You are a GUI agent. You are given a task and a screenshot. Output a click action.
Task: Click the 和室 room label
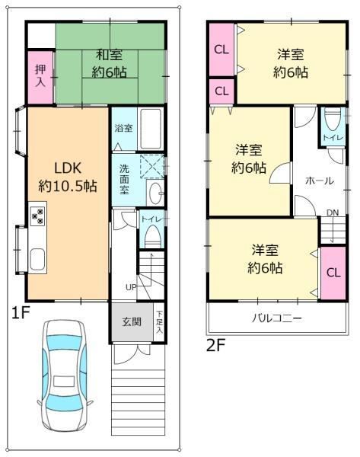(110, 55)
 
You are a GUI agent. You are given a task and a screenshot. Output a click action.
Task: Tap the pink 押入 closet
(40, 77)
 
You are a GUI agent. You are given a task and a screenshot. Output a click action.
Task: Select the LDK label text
(68, 168)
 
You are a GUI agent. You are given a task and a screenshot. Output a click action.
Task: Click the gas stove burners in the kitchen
(38, 216)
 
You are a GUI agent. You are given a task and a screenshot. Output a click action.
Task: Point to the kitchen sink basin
(37, 259)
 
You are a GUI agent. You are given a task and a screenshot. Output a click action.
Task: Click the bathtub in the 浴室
(150, 129)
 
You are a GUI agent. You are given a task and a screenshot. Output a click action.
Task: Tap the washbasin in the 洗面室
(155, 193)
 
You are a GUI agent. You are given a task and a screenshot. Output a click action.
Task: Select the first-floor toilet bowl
(153, 235)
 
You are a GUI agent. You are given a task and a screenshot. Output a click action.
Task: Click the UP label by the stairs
(131, 287)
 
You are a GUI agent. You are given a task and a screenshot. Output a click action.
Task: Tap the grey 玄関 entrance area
(132, 321)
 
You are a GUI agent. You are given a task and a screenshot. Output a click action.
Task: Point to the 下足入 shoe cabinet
(159, 321)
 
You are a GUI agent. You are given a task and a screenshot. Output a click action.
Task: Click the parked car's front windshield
(64, 342)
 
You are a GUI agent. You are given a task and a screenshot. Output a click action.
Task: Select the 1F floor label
(21, 313)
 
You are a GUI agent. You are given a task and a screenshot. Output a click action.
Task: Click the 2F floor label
(215, 346)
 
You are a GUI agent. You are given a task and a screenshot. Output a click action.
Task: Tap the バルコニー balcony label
(277, 318)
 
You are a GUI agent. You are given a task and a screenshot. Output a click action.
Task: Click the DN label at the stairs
(333, 213)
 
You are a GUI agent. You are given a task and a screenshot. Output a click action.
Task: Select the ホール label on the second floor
(319, 181)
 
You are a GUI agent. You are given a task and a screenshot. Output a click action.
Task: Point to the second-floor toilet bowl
(333, 119)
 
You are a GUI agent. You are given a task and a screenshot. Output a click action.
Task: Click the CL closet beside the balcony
(333, 273)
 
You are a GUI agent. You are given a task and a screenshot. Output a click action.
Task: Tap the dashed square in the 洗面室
(152, 166)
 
